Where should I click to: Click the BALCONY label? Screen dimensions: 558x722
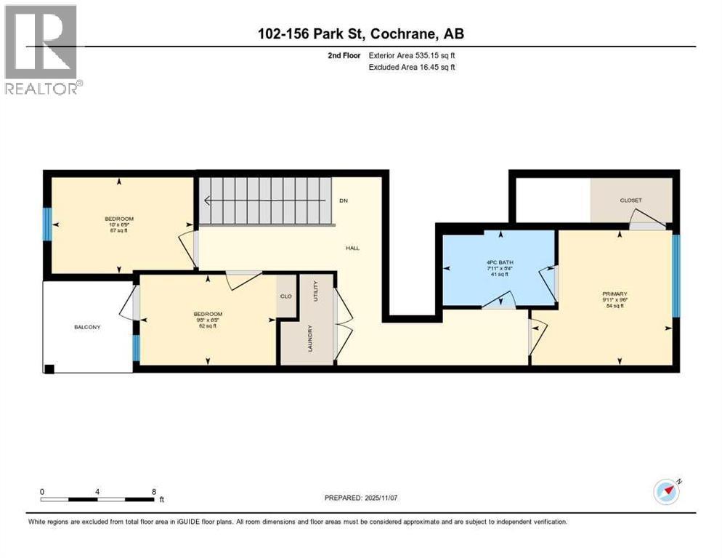[x=87, y=328]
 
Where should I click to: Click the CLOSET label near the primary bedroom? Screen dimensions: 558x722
[x=630, y=201]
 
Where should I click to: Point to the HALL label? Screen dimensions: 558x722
[x=352, y=248]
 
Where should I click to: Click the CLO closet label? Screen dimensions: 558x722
[x=285, y=296]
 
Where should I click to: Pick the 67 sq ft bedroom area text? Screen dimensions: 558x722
[x=118, y=230]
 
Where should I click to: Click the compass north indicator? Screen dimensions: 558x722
[x=666, y=491]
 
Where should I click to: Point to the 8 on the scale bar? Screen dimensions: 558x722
[x=154, y=491]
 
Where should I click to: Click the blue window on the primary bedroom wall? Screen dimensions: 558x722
[x=676, y=276]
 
